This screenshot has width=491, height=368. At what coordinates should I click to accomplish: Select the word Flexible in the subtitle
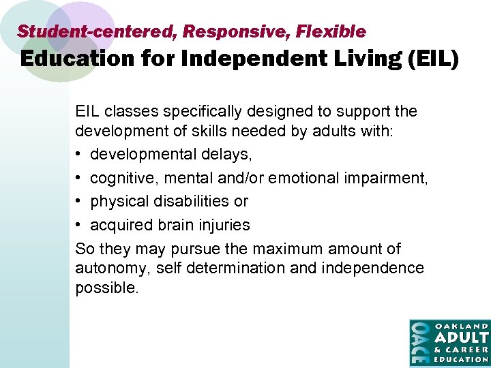[x=331, y=31]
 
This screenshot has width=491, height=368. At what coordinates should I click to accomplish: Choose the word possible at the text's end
[x=106, y=288]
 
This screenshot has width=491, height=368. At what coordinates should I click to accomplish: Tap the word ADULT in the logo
[x=462, y=337]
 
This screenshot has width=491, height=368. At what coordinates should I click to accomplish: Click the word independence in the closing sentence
[x=373, y=268]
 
